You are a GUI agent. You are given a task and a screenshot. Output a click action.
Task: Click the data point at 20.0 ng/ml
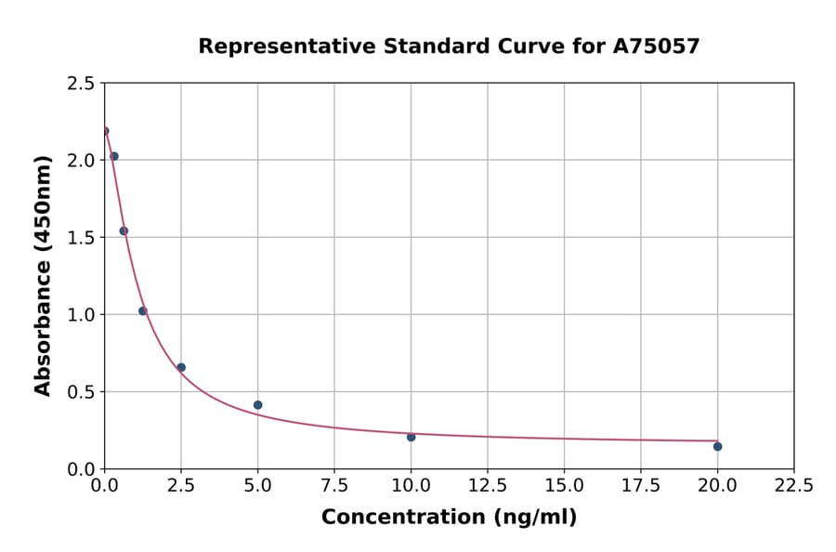click(x=717, y=447)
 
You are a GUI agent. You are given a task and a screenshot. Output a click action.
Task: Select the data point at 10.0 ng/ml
click(x=411, y=437)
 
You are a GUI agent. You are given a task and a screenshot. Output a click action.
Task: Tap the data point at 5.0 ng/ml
click(x=257, y=405)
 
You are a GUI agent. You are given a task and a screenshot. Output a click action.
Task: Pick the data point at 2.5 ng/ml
click(x=181, y=368)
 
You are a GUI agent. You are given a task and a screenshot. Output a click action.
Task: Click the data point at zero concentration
click(x=105, y=131)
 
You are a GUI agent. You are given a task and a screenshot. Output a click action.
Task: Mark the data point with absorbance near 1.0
click(x=143, y=311)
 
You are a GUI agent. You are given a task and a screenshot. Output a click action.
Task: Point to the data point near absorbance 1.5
click(x=124, y=231)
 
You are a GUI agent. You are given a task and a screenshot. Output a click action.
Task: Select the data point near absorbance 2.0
click(x=114, y=156)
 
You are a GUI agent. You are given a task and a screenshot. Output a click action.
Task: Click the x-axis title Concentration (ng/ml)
click(x=449, y=518)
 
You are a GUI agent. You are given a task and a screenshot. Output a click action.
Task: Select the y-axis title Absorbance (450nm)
click(x=43, y=275)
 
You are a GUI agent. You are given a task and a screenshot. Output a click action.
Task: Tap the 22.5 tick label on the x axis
click(x=793, y=486)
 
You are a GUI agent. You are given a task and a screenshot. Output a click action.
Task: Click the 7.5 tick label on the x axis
click(x=334, y=486)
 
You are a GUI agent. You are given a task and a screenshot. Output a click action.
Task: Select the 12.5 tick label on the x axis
click(x=487, y=486)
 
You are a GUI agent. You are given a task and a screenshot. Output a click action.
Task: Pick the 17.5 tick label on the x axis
click(x=640, y=486)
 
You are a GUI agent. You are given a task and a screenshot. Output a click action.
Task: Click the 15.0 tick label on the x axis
click(x=564, y=486)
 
